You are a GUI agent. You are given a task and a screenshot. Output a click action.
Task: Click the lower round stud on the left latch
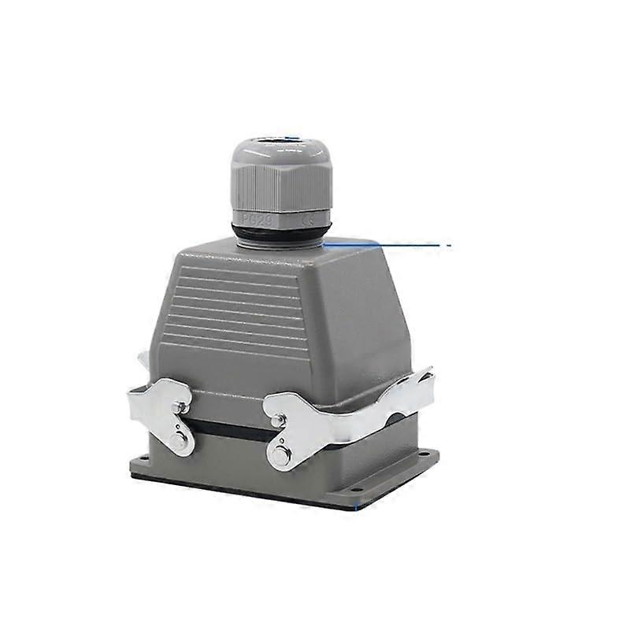point(180,442)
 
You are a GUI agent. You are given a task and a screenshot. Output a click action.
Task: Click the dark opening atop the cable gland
point(271,141)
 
